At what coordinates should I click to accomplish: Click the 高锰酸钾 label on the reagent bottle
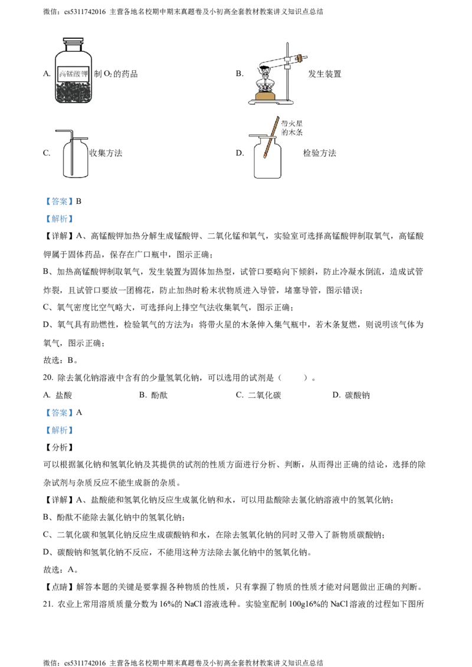pos(73,75)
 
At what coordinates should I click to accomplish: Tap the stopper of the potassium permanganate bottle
pos(73,43)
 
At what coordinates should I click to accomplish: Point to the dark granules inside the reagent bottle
pos(73,94)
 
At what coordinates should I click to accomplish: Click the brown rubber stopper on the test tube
pos(299,58)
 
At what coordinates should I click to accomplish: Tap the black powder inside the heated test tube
pos(264,67)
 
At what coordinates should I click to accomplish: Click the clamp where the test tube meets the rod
pos(287,60)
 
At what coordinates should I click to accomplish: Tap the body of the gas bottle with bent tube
pos(77,159)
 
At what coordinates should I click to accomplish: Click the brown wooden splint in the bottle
pos(271,138)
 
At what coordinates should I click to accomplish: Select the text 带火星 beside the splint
pos(293,124)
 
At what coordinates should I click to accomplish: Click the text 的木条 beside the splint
pos(293,133)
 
